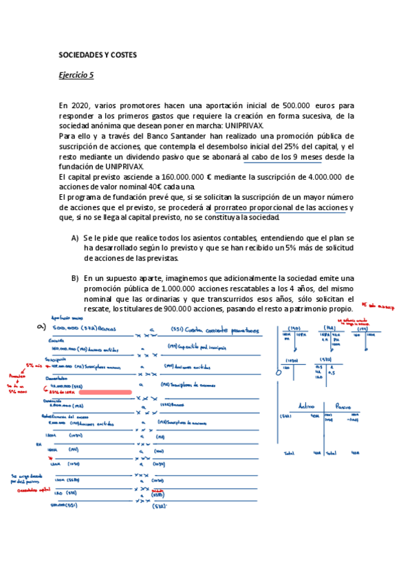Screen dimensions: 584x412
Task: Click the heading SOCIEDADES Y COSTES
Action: [x=97, y=54]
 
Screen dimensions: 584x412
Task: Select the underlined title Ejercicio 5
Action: [x=76, y=76]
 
